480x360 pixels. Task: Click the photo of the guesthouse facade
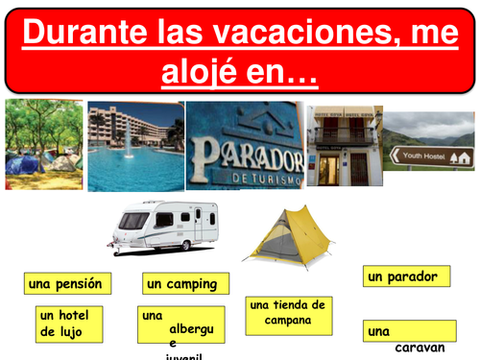[x=344, y=144]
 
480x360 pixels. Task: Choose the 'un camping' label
[x=186, y=283]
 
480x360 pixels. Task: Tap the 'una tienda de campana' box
[x=287, y=314]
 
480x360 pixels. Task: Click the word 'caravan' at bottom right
[x=420, y=348]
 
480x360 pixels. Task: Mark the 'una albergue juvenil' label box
[x=181, y=325]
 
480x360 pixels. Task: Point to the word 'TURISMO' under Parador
[x=263, y=180]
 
